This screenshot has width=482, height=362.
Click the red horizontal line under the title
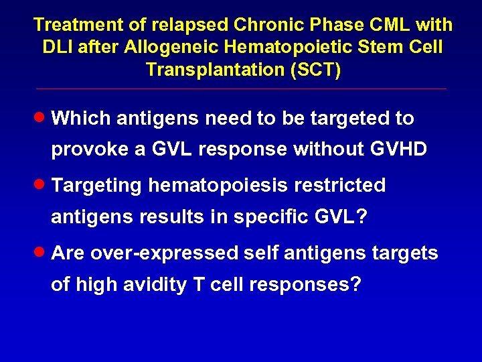point(241,89)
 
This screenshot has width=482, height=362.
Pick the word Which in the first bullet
point(80,119)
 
